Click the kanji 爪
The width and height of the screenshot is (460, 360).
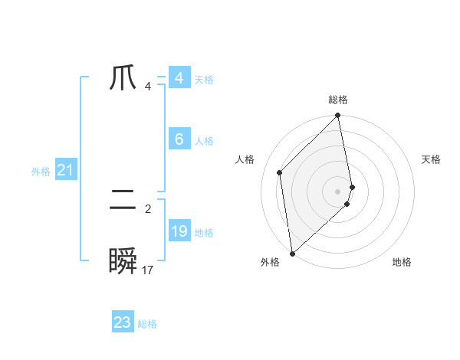(123, 79)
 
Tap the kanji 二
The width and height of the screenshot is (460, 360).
(123, 202)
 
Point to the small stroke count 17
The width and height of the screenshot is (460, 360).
(148, 270)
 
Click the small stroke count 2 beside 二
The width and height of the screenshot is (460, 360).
(148, 208)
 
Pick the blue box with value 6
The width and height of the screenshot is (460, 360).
(179, 139)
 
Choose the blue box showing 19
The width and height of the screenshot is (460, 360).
(179, 231)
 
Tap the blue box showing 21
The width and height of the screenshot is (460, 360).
(65, 170)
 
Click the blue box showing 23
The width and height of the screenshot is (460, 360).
(123, 322)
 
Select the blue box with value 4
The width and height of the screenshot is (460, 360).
(179, 78)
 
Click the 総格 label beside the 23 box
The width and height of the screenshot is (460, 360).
(147, 324)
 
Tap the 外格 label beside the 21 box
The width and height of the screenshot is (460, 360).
(41, 172)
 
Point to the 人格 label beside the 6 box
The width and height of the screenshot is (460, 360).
(204, 141)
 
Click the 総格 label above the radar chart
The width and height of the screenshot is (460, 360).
(338, 100)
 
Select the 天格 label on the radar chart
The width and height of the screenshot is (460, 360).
(431, 159)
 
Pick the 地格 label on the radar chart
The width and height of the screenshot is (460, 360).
(402, 262)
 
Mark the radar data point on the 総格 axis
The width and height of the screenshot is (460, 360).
(338, 116)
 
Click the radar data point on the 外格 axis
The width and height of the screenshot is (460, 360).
(292, 254)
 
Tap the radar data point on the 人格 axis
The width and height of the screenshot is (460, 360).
(280, 172)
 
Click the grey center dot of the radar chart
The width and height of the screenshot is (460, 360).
(338, 191)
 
